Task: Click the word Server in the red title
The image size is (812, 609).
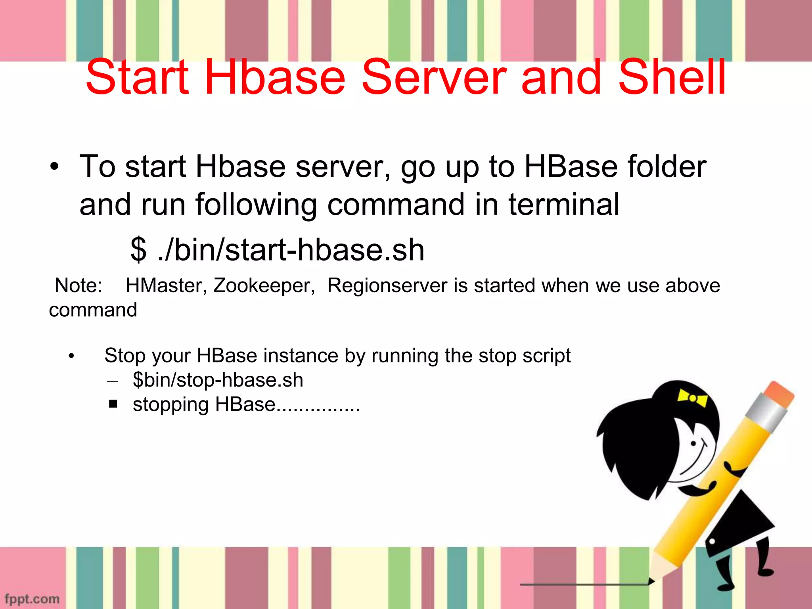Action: coord(434,77)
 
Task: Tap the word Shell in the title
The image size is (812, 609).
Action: coord(672,77)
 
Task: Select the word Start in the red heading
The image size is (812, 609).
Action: coord(137,77)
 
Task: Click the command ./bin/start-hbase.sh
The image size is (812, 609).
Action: coord(291,250)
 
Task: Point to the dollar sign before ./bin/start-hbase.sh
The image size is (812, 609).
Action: coord(138,250)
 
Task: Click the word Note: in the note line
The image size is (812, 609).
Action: coord(79,285)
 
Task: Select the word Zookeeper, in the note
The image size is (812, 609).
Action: coord(264,285)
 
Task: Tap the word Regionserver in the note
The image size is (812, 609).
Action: coord(387,285)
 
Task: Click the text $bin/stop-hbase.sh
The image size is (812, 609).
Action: coord(218,380)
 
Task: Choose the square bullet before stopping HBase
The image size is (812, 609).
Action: coord(113,404)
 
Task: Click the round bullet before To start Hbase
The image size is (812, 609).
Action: coord(55,167)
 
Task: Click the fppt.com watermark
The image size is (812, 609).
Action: coord(32,599)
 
